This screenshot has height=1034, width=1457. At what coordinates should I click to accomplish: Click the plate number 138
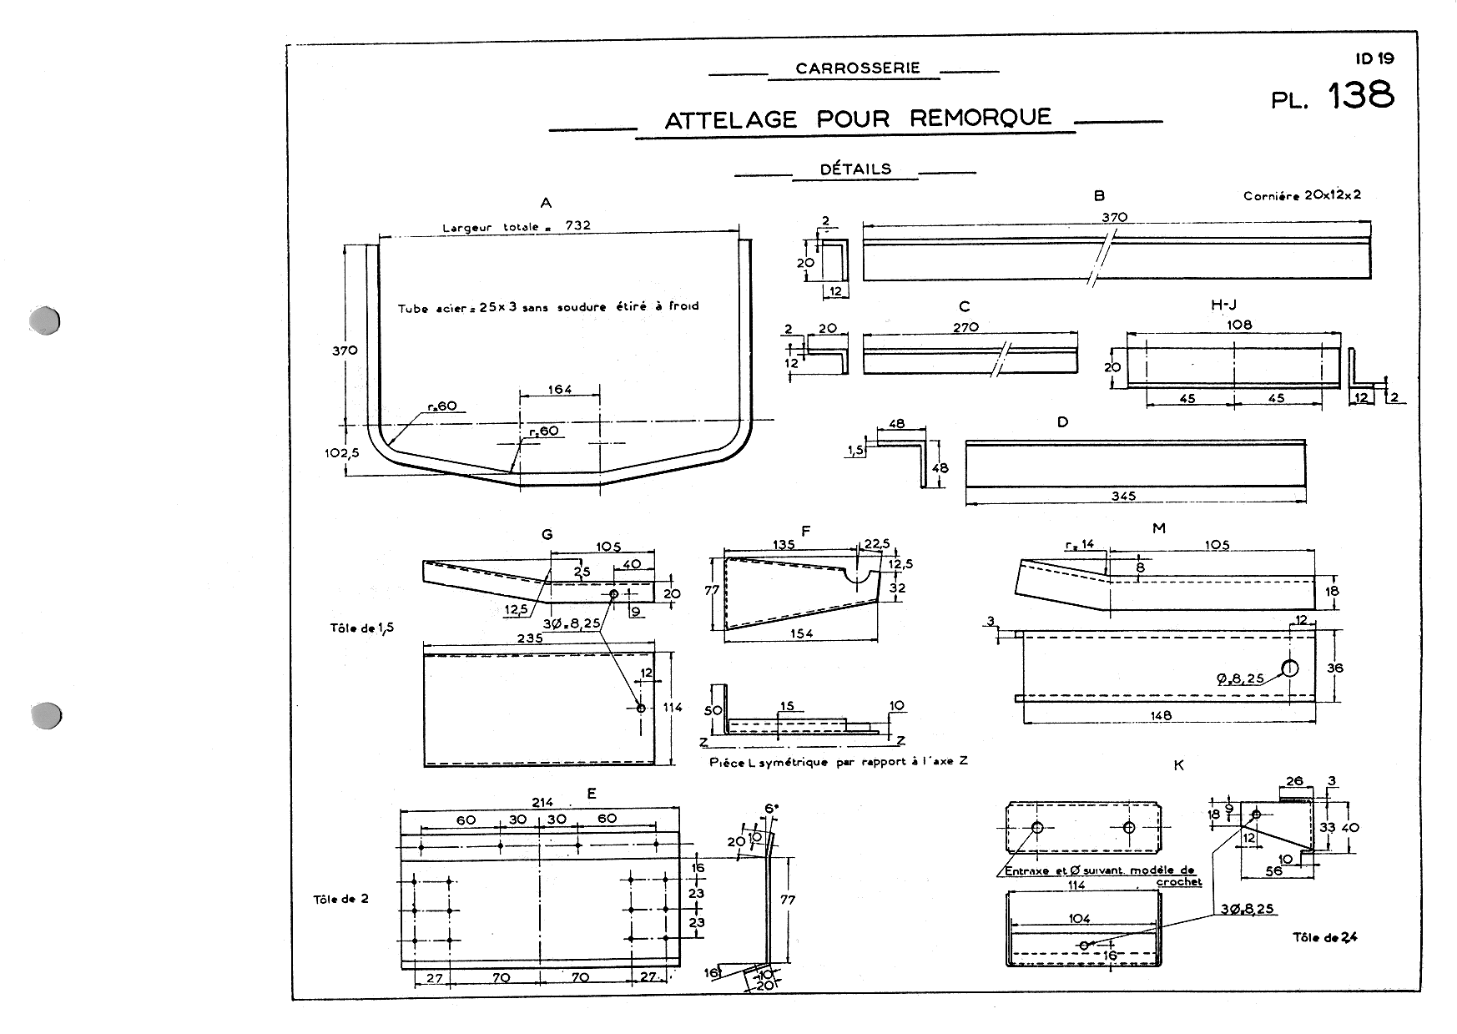[x=1360, y=95]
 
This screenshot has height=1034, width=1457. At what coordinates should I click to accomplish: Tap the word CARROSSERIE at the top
[x=857, y=68]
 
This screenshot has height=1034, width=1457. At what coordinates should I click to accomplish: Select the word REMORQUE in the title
[x=981, y=118]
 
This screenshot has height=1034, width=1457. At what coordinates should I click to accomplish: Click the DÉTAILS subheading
[x=855, y=169]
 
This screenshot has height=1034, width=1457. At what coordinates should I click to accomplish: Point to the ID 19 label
[x=1374, y=58]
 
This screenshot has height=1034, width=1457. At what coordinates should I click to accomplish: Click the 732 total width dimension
[x=578, y=226]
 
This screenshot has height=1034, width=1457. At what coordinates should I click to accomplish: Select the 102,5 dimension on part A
[x=341, y=453]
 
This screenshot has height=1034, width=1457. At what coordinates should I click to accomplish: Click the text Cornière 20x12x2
[x=1302, y=196]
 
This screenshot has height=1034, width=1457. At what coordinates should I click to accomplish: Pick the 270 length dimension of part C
[x=965, y=327]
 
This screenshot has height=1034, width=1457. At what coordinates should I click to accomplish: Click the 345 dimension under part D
[x=1124, y=496]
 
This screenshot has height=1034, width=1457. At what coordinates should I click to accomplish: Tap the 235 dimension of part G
[x=530, y=638]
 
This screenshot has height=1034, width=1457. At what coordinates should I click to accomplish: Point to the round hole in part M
[x=1290, y=668]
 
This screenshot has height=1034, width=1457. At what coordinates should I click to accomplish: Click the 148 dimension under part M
[x=1161, y=715]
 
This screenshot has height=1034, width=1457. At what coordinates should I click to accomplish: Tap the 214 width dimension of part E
[x=543, y=802]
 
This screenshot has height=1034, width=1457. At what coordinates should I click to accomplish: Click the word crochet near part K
[x=1179, y=882]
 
